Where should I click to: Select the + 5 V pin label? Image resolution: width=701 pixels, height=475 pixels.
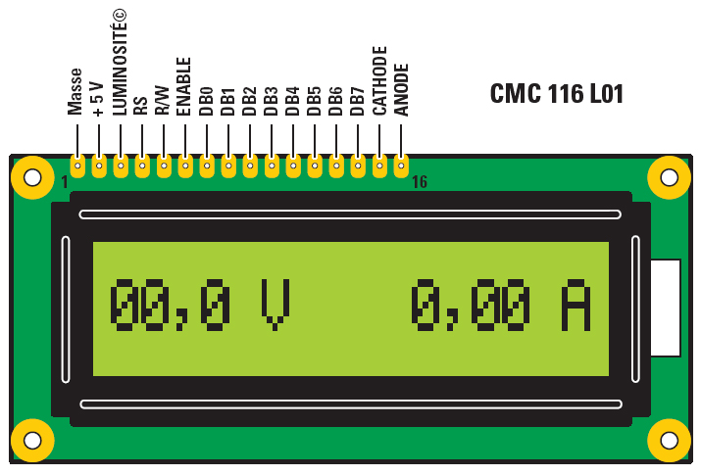[x=97, y=99]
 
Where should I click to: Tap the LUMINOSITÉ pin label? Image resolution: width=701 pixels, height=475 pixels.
[x=120, y=61]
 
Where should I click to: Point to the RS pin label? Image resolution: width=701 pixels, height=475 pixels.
[x=140, y=106]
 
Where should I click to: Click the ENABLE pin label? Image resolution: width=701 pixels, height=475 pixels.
[x=184, y=86]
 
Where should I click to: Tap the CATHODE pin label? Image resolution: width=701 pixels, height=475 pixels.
[x=379, y=81]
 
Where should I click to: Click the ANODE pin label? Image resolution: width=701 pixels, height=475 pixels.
[x=401, y=89]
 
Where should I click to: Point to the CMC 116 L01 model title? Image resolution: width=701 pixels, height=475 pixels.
[x=556, y=94]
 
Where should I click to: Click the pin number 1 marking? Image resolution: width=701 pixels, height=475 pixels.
[x=65, y=182]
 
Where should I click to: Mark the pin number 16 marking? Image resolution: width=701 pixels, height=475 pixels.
[x=419, y=182]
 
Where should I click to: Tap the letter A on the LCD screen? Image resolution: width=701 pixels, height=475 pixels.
[x=576, y=305]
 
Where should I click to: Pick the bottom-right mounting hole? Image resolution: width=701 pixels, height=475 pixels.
[x=670, y=440]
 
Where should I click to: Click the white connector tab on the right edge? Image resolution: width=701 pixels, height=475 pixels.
[x=666, y=308]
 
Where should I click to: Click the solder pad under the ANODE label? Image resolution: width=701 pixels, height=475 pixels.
[x=401, y=166]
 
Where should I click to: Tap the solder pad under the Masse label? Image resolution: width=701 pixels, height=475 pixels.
[x=76, y=166]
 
